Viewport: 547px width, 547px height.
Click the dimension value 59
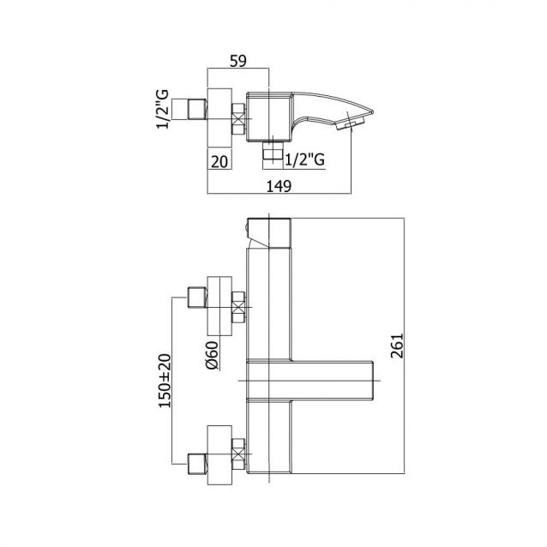(x=237, y=61)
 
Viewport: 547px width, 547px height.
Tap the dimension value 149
(x=279, y=186)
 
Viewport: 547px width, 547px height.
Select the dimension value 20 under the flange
(x=219, y=162)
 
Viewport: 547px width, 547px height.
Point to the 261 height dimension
(x=397, y=346)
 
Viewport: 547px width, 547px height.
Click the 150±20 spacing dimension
(x=165, y=381)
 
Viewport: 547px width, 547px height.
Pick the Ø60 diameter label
(x=212, y=355)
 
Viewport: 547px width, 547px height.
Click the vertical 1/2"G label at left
(x=162, y=110)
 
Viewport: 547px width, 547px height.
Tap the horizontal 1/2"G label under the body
(x=305, y=159)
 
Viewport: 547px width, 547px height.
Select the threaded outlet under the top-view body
(x=273, y=150)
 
